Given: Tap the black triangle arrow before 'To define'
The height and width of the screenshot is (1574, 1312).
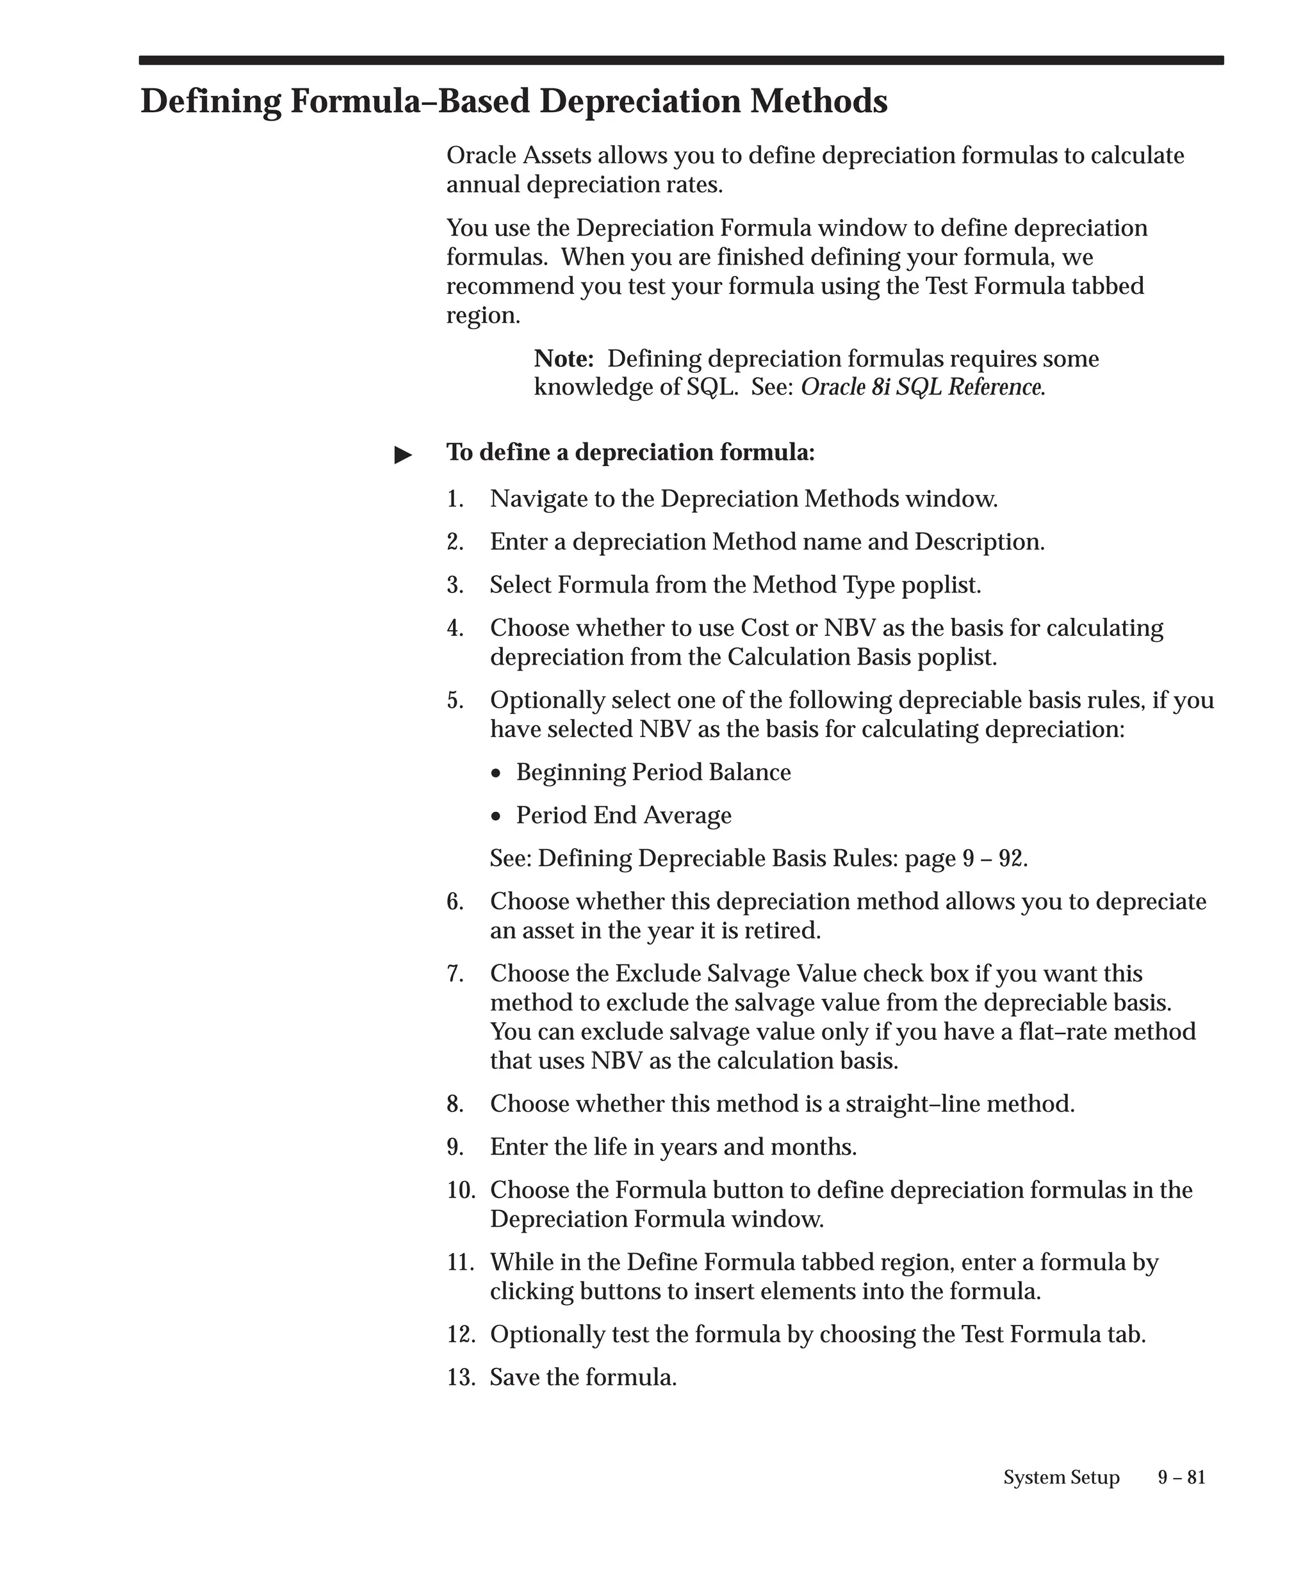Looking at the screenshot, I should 404,455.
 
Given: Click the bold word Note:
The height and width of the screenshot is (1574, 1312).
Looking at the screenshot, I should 563,359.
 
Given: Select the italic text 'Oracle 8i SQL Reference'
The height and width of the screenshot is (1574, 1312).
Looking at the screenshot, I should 921,387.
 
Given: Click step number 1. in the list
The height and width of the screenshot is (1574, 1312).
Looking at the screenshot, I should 454,499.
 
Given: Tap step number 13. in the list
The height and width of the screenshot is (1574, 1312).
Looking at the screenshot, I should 461,1377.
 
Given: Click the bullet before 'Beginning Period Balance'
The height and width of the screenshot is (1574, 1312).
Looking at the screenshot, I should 496,774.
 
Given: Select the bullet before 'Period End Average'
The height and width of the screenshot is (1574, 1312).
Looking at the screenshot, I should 496,816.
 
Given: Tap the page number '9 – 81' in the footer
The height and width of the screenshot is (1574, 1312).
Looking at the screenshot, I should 1181,1477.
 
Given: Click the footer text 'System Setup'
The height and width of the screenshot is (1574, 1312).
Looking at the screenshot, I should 1061,1477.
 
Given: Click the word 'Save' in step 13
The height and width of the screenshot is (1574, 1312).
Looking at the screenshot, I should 515,1377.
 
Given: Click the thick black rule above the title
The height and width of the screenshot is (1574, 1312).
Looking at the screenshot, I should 681,61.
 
